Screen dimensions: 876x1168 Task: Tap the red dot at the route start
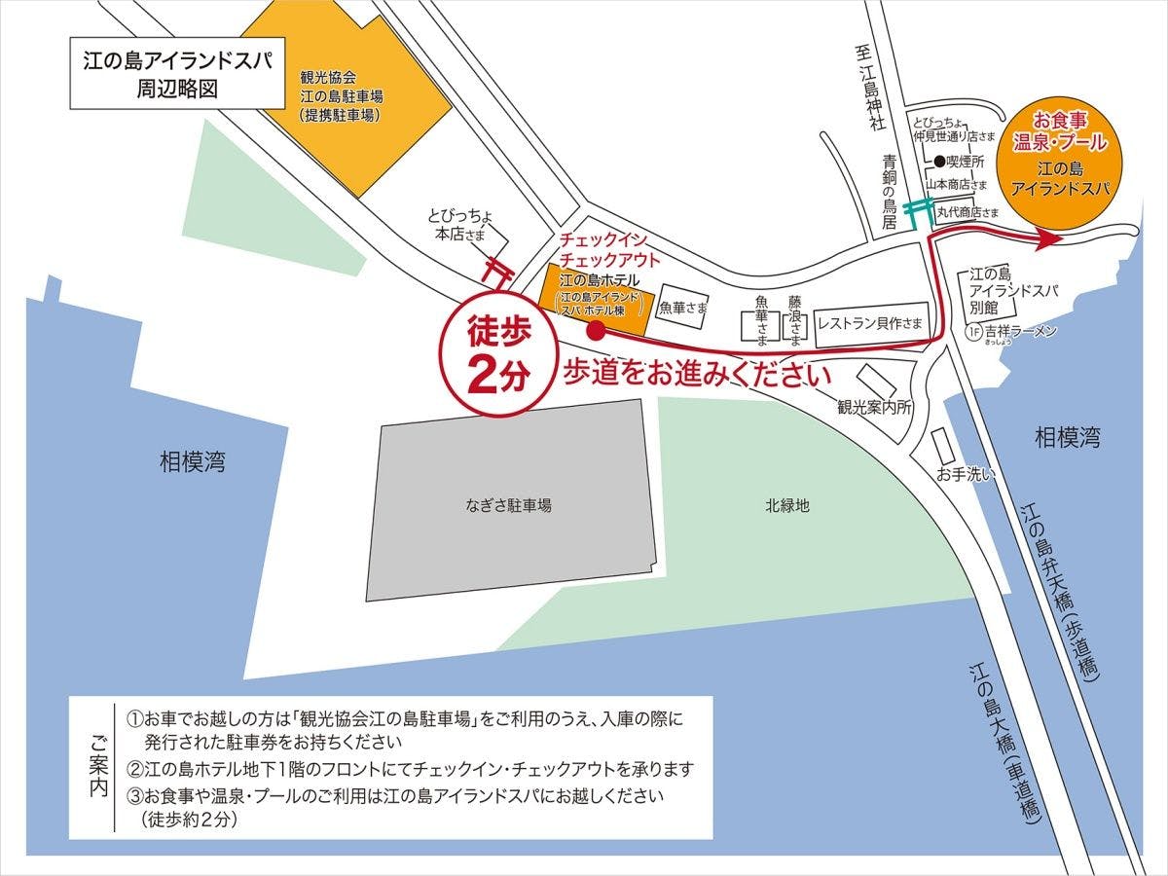coord(596,331)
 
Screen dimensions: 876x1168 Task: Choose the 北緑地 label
coord(786,506)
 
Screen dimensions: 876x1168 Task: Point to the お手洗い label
coord(964,475)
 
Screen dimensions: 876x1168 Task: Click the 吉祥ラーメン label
coord(1020,332)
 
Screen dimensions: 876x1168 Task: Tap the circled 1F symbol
coord(972,332)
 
